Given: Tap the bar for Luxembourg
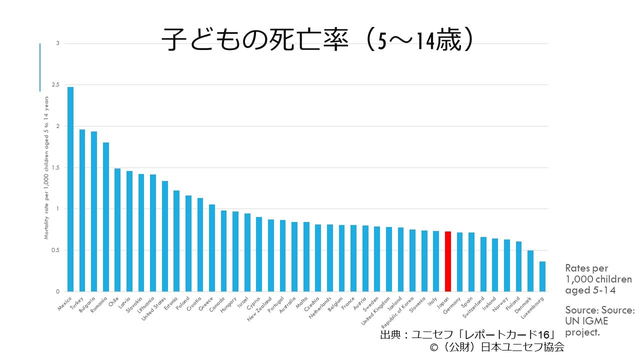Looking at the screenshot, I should coord(542,276).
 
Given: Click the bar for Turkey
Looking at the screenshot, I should coord(82,210).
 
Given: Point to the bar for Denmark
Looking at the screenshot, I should coord(530,271).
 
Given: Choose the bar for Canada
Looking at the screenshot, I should coord(224,251).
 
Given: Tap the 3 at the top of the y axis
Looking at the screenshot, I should coord(57,43).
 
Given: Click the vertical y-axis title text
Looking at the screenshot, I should coord(46,167).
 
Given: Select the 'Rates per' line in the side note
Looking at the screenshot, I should coord(586,268).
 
